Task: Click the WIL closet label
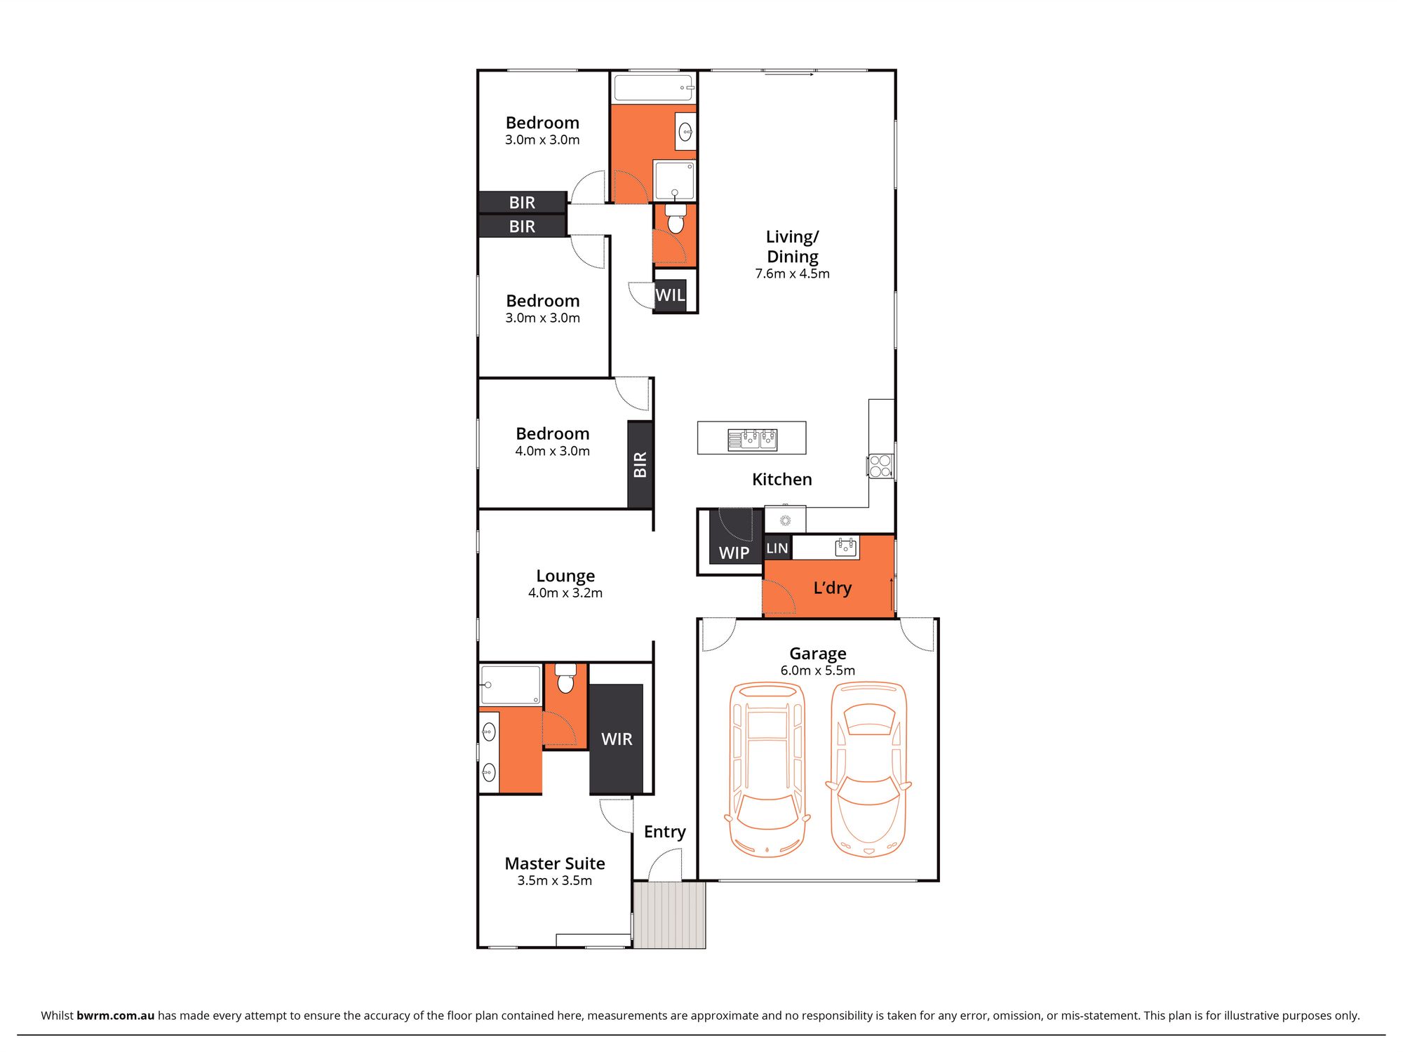click(670, 295)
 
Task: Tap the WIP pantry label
click(734, 553)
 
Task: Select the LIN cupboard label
click(777, 548)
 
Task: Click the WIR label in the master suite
click(617, 739)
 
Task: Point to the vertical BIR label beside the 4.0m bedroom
click(640, 465)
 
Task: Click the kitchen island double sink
click(752, 439)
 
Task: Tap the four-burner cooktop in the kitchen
click(880, 466)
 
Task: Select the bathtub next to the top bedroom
click(654, 88)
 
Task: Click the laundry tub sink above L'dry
click(846, 547)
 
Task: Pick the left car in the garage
click(767, 769)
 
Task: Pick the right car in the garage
click(868, 769)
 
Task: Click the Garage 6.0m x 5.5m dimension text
click(817, 670)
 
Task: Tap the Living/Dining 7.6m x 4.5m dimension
click(792, 274)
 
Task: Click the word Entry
click(664, 832)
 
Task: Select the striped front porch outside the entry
click(669, 915)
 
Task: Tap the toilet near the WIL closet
click(676, 220)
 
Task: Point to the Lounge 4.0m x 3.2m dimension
click(565, 593)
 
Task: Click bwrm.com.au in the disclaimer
click(115, 1016)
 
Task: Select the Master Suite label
click(554, 863)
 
